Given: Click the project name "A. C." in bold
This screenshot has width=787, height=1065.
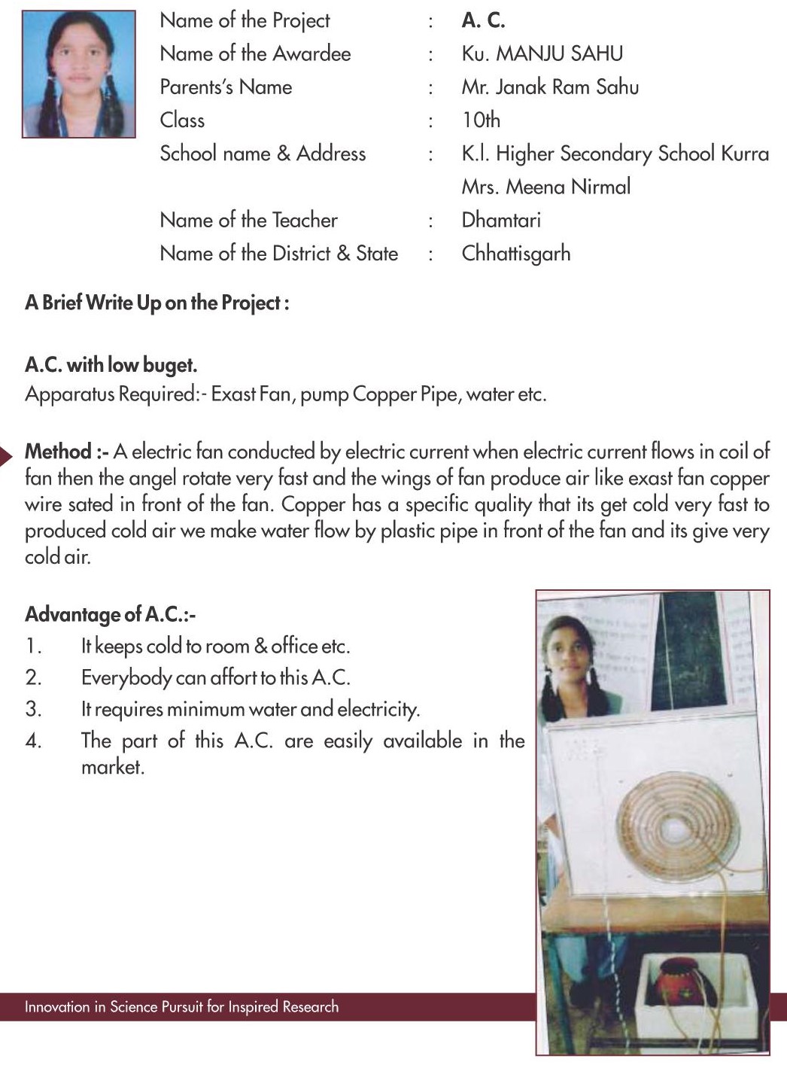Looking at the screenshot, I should point(483,21).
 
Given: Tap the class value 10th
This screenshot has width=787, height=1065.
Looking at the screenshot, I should point(481,120).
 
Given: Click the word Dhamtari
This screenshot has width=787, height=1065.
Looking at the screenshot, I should point(501,221).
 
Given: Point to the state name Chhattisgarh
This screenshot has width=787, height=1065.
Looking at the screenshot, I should point(516,254).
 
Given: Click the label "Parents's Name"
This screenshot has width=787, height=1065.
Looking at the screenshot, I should point(226,87).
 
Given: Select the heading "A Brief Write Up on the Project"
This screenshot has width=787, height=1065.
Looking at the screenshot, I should point(156,303).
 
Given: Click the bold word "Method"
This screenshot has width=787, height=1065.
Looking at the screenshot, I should point(59,452).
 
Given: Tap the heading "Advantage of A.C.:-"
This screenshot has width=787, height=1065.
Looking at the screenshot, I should point(110,615).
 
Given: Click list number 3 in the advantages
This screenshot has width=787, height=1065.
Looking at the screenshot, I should point(33,709).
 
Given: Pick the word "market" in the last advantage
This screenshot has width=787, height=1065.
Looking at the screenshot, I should point(112,768).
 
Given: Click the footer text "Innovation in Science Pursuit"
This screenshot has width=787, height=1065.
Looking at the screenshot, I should point(181,1007).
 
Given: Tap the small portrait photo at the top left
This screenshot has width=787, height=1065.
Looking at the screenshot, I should point(79,74).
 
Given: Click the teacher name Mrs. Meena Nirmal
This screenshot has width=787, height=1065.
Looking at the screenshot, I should point(546,187).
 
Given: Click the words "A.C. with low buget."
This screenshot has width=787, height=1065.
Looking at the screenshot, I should point(111,366).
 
